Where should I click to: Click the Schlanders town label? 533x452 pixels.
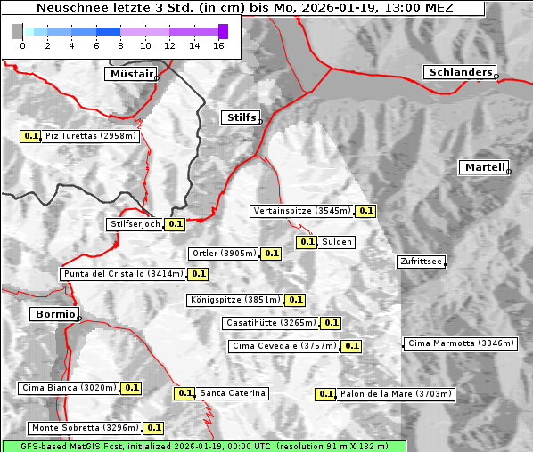point(459,73)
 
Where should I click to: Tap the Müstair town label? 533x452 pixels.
point(130,74)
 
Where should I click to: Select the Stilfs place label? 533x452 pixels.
point(240,117)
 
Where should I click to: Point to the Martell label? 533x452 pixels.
point(484,167)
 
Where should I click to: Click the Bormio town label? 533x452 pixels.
point(53,314)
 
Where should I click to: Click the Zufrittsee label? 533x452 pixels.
point(421,262)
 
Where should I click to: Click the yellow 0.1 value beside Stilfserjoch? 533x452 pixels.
point(176,224)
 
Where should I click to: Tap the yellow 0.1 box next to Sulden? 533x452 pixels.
point(307,242)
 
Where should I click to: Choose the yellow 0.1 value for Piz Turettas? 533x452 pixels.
point(31,136)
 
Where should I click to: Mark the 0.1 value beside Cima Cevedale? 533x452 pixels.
point(351,346)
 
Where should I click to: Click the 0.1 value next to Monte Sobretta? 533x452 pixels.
point(153,428)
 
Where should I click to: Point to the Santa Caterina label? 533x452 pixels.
point(233,393)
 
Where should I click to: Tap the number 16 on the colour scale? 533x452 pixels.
point(218,46)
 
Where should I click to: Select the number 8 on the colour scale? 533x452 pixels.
point(120,46)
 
